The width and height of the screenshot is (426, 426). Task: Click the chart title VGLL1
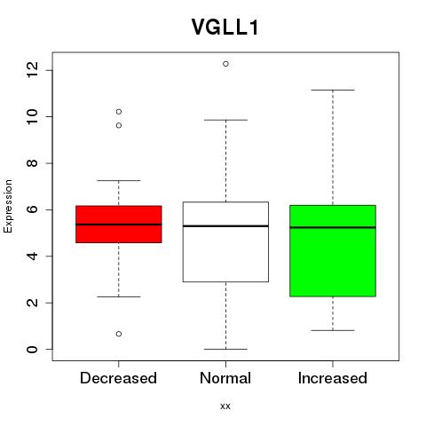(x=225, y=28)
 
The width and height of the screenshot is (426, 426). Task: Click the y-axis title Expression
(x=8, y=206)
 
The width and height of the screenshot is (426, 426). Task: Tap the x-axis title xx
(x=225, y=406)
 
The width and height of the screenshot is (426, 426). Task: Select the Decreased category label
(x=118, y=378)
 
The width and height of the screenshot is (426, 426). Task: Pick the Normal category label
(x=225, y=378)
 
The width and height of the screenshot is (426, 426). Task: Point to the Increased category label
(x=333, y=378)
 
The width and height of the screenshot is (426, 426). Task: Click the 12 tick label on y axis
(x=33, y=70)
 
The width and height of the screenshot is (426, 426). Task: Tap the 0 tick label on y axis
(x=33, y=349)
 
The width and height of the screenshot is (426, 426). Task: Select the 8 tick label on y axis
(x=33, y=163)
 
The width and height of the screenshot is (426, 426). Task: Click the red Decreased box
(x=119, y=225)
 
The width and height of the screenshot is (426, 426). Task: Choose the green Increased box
(x=333, y=251)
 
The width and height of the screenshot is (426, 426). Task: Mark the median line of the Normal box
(x=225, y=226)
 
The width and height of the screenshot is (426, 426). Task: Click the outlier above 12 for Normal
(x=225, y=64)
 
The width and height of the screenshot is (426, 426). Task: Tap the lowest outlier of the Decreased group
(x=119, y=334)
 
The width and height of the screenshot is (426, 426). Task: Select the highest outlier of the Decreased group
(x=119, y=112)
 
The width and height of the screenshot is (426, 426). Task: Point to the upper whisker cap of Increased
(x=333, y=90)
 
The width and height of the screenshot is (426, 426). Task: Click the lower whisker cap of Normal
(x=225, y=349)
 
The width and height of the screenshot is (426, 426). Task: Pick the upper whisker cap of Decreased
(x=119, y=180)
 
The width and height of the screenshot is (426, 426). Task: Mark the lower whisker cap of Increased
(x=333, y=330)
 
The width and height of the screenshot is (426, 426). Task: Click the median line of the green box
(x=333, y=227)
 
